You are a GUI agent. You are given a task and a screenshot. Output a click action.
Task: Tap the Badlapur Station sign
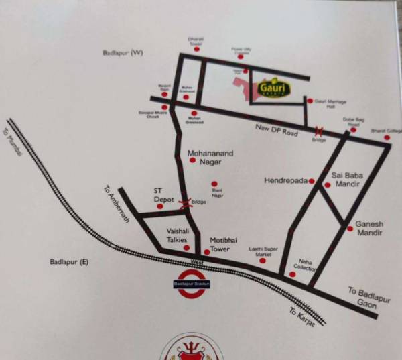coord(192,284)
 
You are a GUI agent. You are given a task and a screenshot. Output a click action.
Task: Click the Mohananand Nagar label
coord(210,158)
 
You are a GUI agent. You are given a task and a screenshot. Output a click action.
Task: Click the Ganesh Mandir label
coord(368,228)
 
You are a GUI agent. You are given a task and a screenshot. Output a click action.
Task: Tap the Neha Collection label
coord(306,264)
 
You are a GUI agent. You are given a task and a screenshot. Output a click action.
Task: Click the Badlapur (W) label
coord(123,52)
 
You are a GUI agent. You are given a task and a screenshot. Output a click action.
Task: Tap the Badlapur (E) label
coord(69,262)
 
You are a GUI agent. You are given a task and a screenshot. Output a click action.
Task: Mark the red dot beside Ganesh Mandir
coord(350,229)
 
